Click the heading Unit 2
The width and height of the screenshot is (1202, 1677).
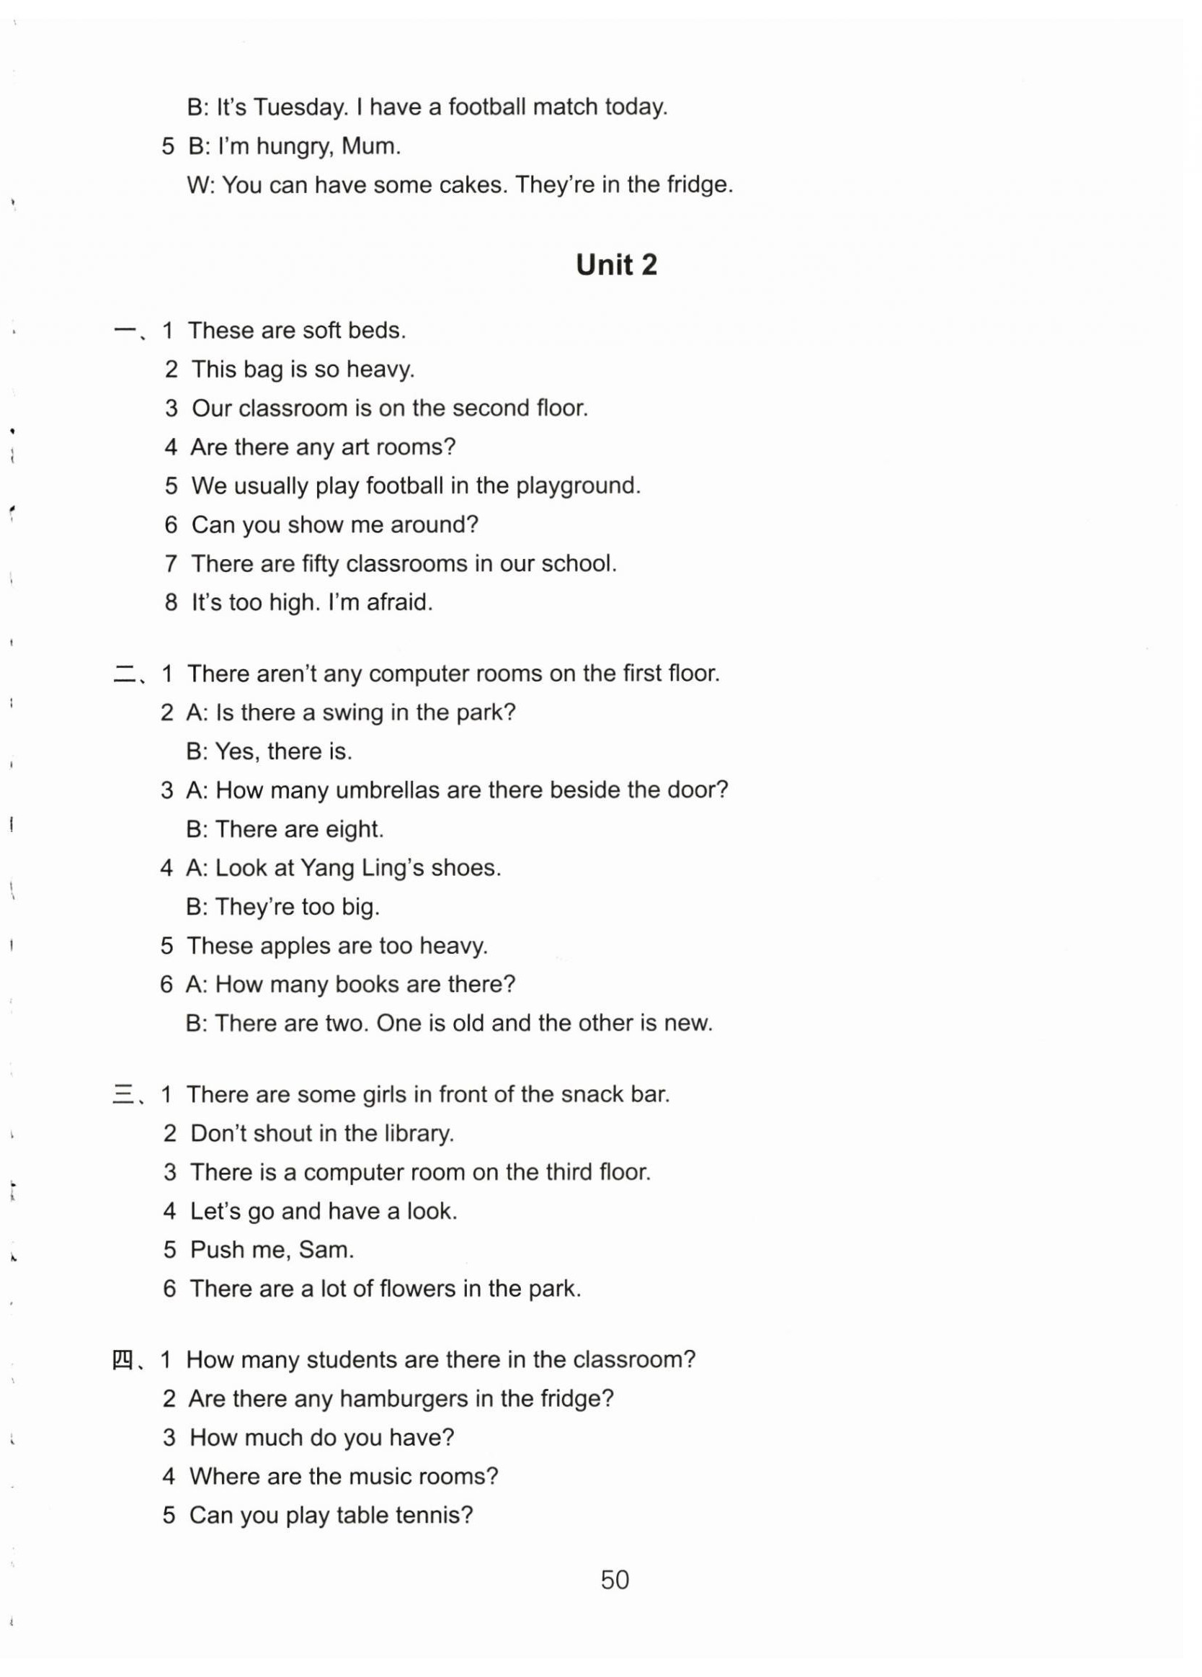(616, 264)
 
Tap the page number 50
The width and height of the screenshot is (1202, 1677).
(615, 1580)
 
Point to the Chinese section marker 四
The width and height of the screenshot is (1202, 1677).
(122, 1361)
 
